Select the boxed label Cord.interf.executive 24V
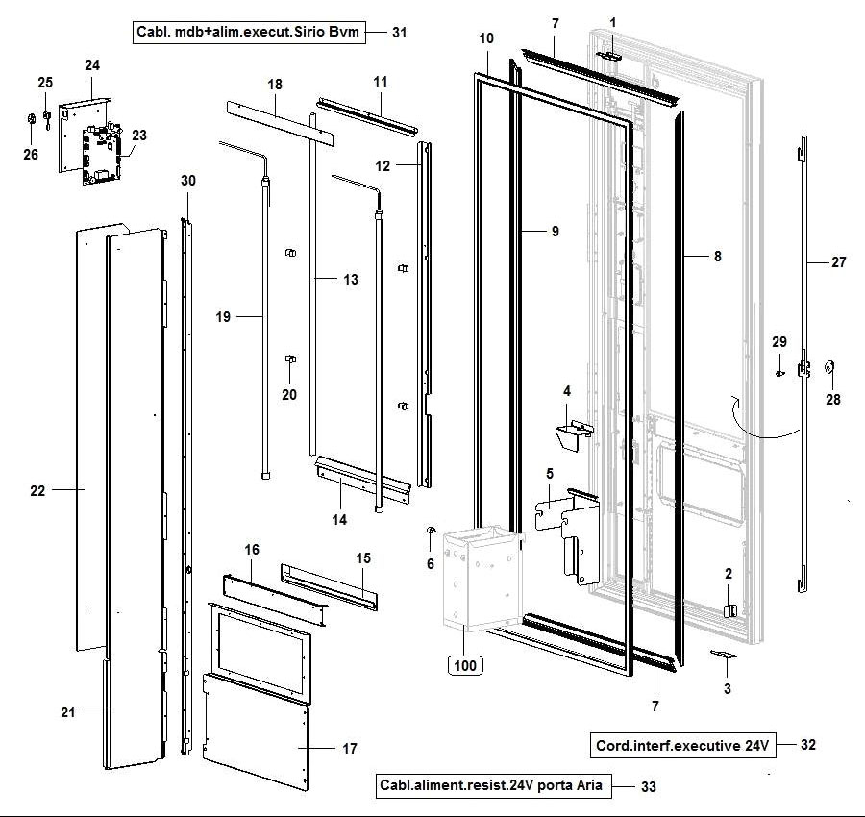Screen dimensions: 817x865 (680, 745)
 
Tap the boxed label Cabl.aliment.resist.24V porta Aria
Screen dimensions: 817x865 (491, 786)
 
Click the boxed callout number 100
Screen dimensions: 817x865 (463, 664)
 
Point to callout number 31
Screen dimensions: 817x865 (400, 32)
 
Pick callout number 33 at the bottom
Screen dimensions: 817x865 (649, 786)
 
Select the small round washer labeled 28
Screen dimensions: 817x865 (831, 367)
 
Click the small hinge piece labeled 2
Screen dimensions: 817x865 (729, 609)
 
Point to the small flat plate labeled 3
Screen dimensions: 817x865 (723, 654)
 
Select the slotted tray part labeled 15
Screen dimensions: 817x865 (330, 585)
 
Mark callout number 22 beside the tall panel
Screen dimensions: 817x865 (37, 490)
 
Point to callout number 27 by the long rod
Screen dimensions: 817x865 (839, 261)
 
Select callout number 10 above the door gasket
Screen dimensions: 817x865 (486, 38)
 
